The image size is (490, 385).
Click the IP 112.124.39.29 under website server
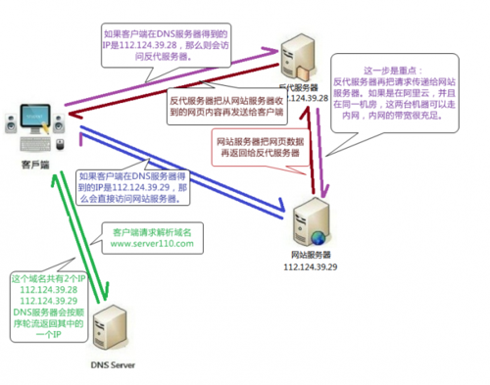(310, 265)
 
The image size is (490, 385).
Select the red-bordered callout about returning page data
(256, 145)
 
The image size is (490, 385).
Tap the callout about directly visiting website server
(129, 182)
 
